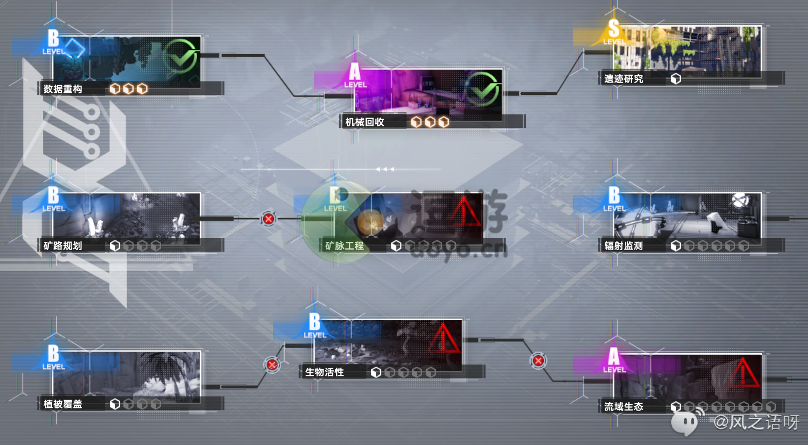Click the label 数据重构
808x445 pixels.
[x=63, y=89]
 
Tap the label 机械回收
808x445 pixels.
[x=365, y=122]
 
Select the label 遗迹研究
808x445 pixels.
[x=624, y=79]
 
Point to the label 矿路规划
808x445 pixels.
[x=63, y=246]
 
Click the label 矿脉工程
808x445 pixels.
[x=345, y=246]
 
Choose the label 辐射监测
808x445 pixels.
[x=624, y=246]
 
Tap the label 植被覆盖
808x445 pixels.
[x=63, y=404]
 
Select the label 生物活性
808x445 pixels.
[x=325, y=372]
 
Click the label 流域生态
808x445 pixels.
[x=624, y=407]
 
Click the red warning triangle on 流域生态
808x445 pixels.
[x=742, y=373]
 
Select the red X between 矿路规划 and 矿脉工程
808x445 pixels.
[x=268, y=219]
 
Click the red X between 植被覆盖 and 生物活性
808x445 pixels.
[x=272, y=365]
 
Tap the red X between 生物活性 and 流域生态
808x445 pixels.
[x=538, y=361]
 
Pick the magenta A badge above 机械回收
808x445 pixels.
[x=355, y=75]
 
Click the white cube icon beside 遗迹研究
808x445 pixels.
[x=676, y=79]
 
